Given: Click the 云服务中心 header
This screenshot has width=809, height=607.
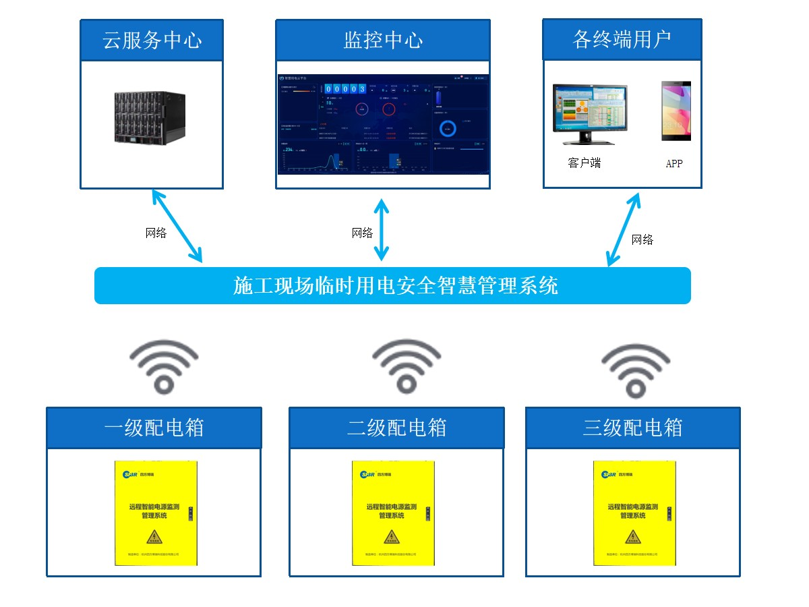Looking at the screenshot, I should coord(152,40).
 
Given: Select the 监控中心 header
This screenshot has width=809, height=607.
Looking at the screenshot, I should coord(383,40).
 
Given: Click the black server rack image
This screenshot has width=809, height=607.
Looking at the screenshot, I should coord(152,118).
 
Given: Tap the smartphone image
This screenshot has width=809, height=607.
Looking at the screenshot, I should coord(676,111).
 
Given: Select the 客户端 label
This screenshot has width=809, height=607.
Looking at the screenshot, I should coord(584,163).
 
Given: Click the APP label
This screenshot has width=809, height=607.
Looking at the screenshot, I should coord(674,163).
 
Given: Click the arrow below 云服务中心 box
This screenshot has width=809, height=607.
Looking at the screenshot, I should coord(177,226).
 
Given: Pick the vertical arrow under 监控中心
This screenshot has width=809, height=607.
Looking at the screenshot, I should coord(382,229).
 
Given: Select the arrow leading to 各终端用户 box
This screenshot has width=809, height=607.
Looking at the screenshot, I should coord(623,229).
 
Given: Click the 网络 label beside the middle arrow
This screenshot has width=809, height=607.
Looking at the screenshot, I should coord(362,233).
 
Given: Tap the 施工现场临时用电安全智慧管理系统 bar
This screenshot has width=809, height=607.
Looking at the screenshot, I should coord(392,285).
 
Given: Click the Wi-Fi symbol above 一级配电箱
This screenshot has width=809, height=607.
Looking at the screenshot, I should coord(163,366).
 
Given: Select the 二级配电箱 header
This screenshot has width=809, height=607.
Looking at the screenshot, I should coord(396,428).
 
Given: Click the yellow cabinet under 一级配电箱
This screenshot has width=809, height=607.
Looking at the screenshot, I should coord(155,513).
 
